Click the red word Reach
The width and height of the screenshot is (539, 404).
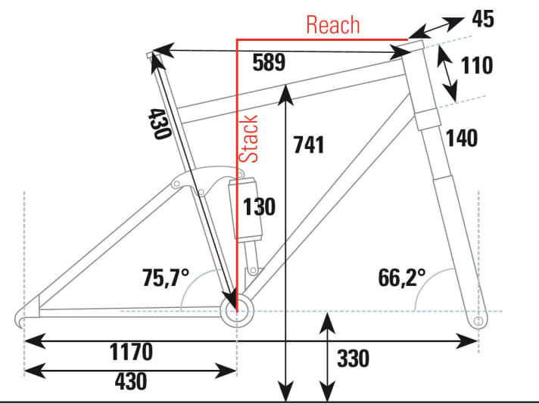point(333,25)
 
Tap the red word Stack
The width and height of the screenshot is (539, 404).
point(248,138)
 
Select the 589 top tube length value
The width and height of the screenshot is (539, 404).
point(269,62)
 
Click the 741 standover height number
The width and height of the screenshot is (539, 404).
point(309,145)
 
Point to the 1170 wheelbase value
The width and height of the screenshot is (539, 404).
point(131,352)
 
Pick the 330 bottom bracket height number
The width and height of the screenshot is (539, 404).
point(354,359)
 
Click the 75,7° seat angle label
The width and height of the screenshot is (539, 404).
point(166,277)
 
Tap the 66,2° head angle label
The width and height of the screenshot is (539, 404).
point(401,277)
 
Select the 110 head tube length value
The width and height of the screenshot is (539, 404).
point(477,65)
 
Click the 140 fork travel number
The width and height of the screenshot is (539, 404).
point(462,138)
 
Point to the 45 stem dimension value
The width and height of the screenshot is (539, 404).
point(483,19)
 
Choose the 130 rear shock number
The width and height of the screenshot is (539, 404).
point(259,207)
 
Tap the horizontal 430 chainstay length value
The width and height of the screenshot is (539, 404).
point(131,381)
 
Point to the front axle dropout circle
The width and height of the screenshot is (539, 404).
point(478,322)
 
